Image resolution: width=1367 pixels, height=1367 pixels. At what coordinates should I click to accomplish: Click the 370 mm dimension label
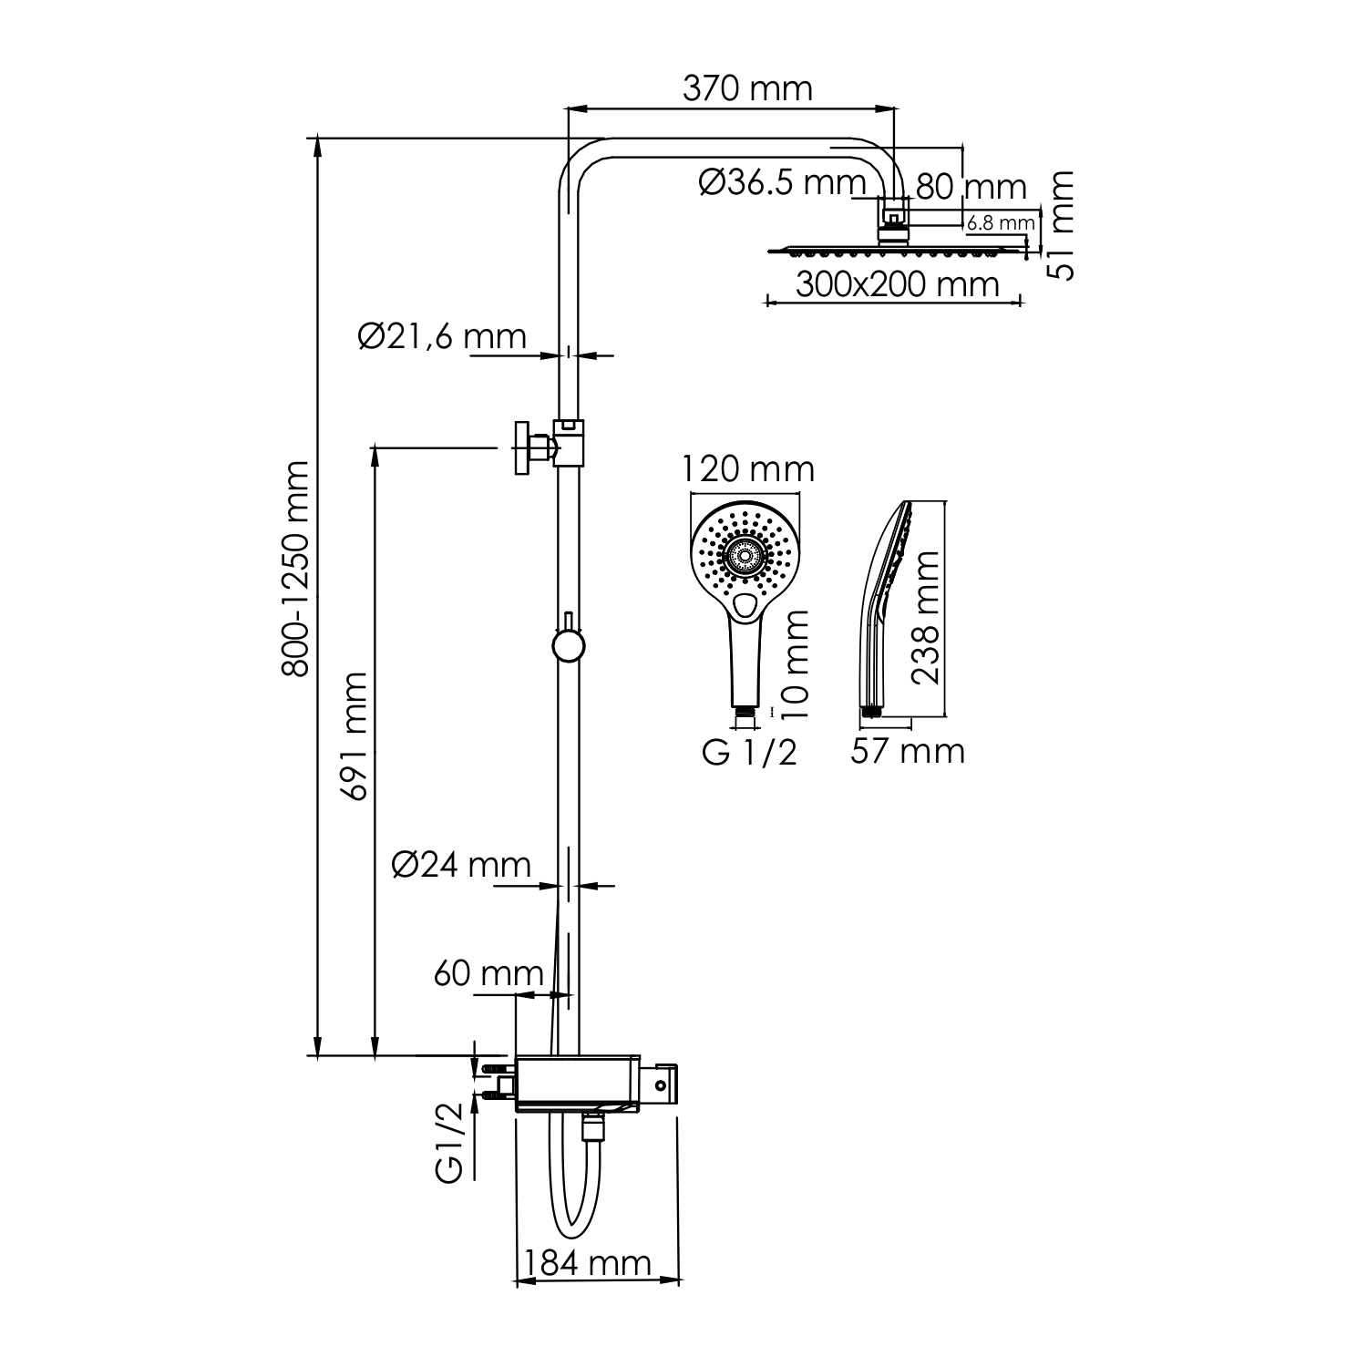746,88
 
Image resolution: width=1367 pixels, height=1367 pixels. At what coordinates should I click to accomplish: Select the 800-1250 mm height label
295,569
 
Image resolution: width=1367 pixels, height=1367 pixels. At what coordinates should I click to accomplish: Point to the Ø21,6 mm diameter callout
443,336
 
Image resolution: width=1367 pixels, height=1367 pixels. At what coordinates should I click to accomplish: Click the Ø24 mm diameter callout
461,864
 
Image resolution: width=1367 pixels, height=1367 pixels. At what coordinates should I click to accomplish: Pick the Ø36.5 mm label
782,182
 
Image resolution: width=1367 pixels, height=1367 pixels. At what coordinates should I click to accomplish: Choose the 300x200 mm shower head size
897,284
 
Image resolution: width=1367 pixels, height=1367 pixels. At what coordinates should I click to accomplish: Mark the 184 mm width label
586,1263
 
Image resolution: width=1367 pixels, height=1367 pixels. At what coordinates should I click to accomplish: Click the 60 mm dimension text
488,973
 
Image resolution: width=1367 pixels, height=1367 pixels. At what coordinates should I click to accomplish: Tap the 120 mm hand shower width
748,469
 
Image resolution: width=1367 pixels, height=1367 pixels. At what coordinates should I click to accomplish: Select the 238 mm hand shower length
927,617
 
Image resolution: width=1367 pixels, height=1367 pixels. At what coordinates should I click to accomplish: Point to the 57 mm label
907,751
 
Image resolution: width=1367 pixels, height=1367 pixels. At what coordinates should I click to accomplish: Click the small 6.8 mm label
1001,221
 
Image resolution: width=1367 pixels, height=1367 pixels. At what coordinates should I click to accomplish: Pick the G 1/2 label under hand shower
749,753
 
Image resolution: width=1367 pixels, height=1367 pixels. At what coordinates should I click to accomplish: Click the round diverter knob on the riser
568,645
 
